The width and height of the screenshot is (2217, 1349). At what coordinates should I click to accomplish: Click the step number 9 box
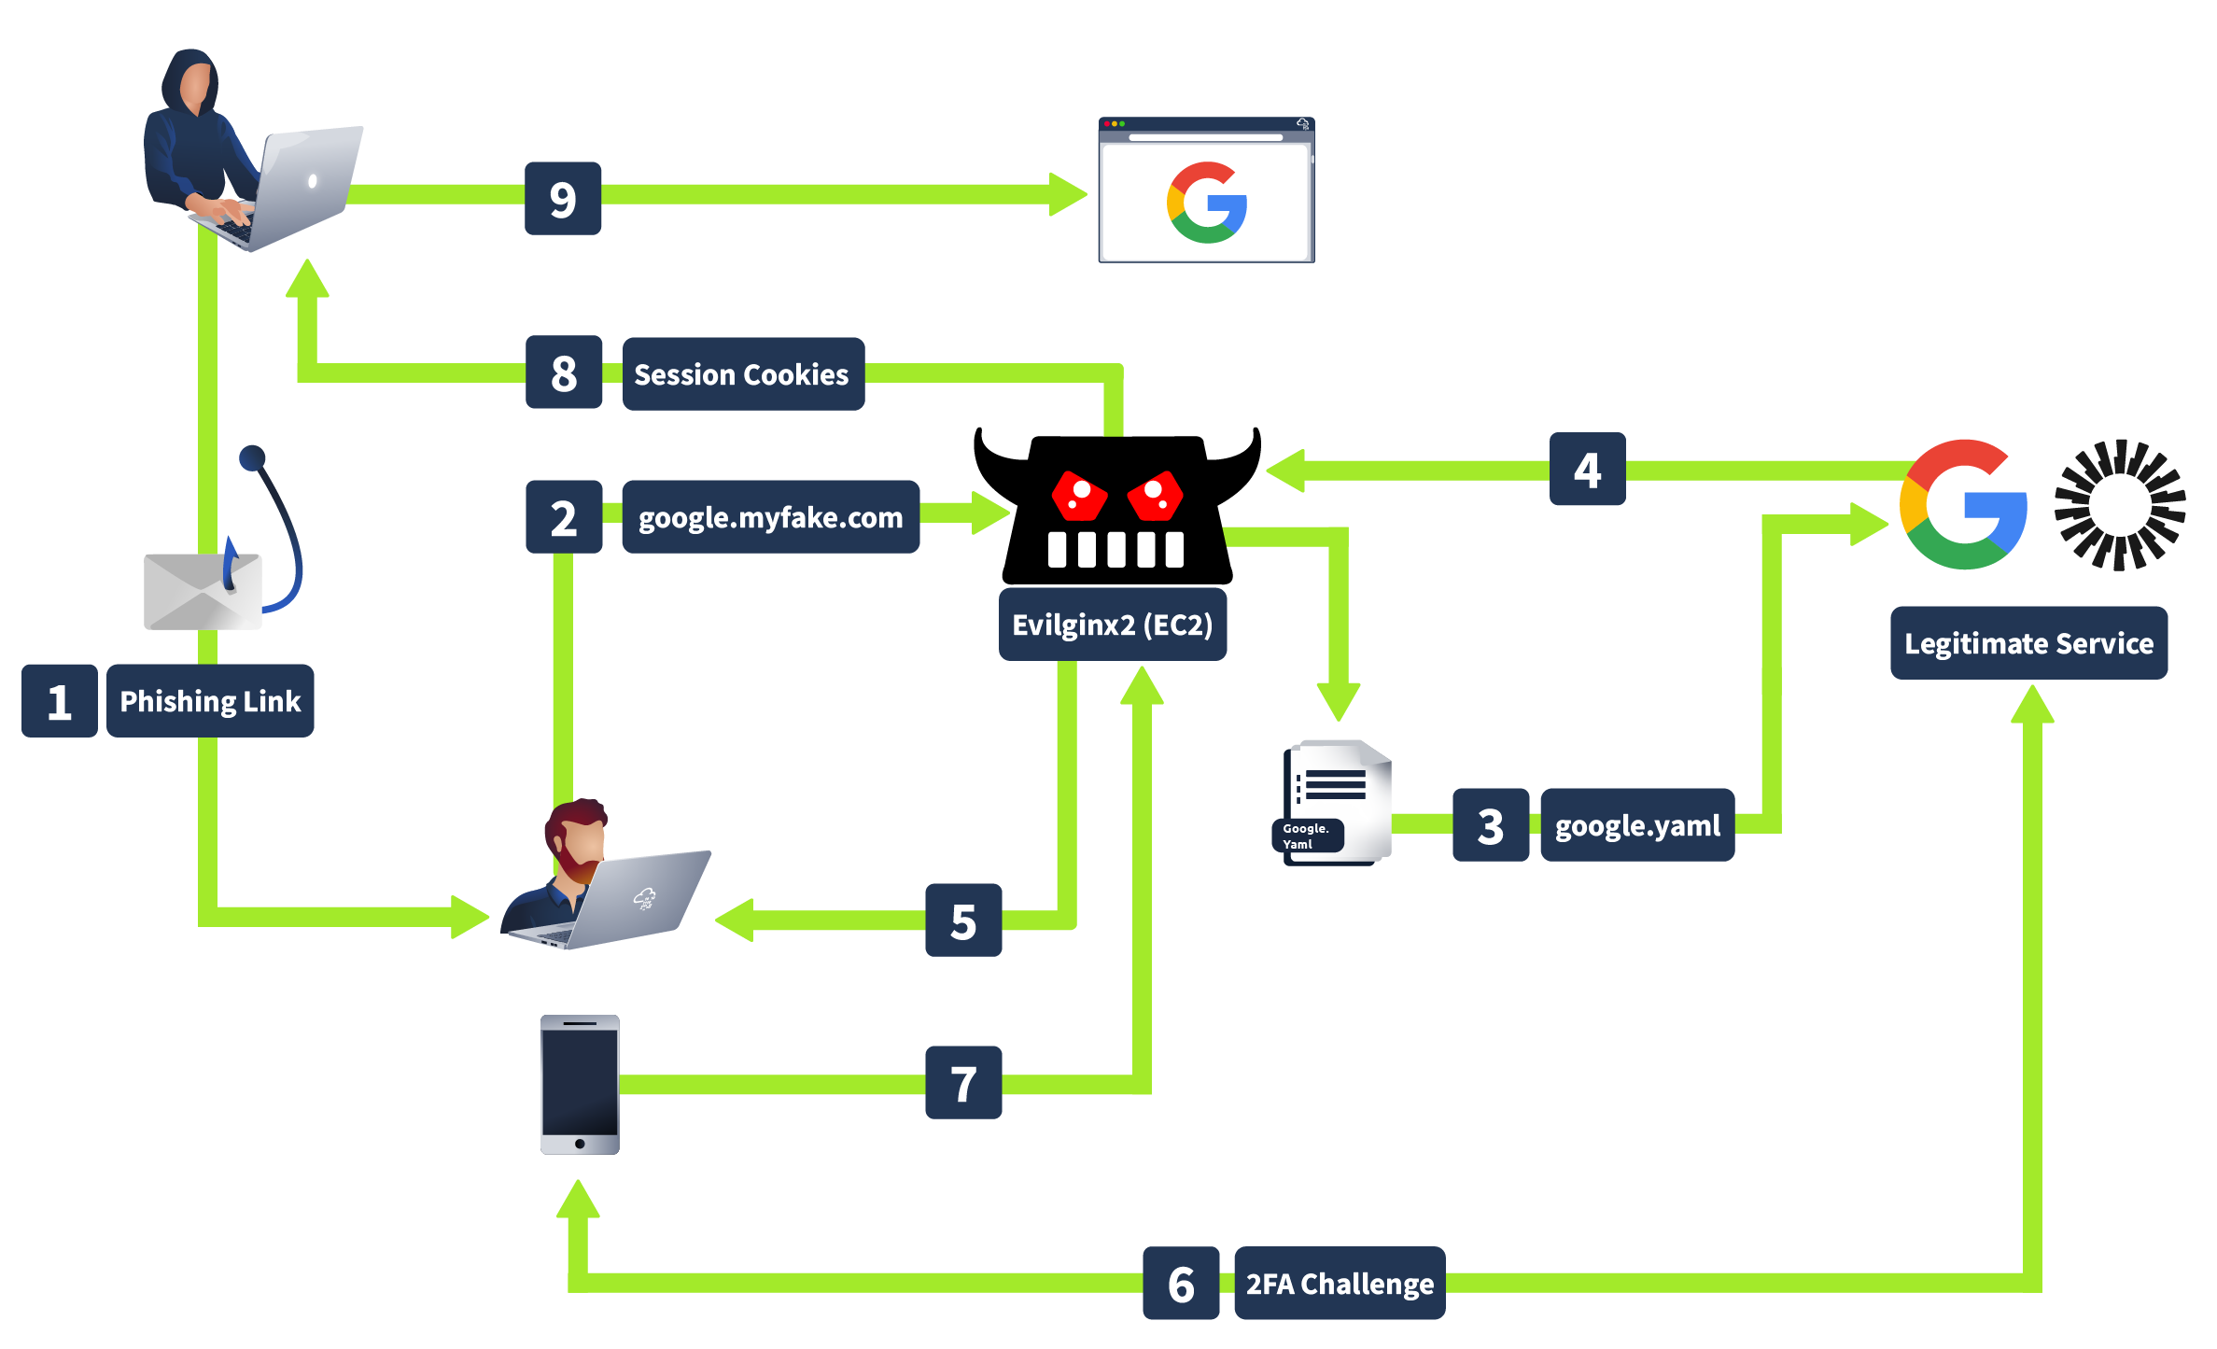coord(562,198)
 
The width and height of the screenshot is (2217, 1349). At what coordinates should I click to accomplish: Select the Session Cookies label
coord(742,373)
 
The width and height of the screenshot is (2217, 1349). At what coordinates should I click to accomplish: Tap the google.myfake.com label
coord(770,516)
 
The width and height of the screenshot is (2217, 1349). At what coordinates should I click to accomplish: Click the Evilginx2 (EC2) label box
coord(1112,624)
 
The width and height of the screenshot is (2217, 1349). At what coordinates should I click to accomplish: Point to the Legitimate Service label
coord(2028,642)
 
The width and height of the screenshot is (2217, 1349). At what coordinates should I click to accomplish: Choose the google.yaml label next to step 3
coord(1636,824)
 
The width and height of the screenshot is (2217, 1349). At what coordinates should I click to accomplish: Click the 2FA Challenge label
coord(1339,1283)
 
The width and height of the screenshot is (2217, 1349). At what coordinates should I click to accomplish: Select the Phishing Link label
coord(210,700)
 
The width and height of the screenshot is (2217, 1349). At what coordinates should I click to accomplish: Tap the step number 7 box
coord(962,1082)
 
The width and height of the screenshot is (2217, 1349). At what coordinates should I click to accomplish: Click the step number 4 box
coord(1587,469)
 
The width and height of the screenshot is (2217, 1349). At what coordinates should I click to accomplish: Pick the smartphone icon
coord(580,1085)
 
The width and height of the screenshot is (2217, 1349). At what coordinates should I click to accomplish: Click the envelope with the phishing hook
coord(203,590)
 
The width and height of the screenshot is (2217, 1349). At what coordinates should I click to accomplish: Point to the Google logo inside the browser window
coord(1206,203)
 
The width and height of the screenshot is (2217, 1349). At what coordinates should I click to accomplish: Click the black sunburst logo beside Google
coord(2119,504)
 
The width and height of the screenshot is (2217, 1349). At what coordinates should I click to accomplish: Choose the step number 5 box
coord(962,920)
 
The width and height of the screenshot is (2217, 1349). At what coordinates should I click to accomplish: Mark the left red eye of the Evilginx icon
coord(1080,495)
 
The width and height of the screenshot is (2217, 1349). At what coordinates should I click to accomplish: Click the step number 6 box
coord(1180,1283)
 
